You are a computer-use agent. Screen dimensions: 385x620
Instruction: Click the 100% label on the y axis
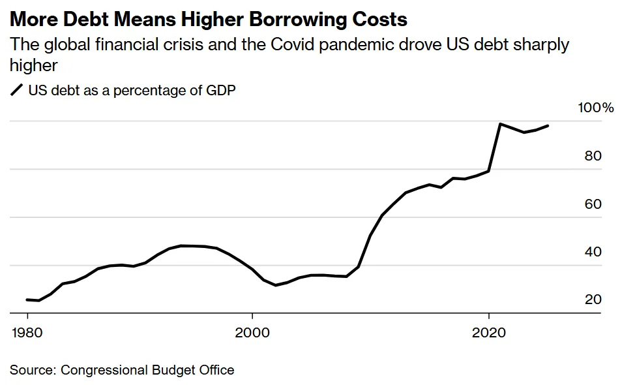(596, 108)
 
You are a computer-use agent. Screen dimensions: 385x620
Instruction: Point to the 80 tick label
(593, 156)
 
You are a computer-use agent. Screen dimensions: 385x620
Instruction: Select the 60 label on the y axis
(593, 204)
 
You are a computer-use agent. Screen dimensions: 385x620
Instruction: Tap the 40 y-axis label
(593, 252)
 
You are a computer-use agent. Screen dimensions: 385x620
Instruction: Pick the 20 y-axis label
(593, 300)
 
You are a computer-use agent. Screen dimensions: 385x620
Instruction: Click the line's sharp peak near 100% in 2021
(500, 124)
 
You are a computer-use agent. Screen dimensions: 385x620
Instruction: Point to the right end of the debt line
(548, 126)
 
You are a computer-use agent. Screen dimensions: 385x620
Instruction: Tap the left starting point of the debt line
(27, 300)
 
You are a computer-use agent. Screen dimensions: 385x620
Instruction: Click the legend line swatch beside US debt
(17, 91)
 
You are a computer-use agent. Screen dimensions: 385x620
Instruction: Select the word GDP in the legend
(220, 91)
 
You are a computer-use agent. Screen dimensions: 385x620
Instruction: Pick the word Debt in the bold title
(88, 20)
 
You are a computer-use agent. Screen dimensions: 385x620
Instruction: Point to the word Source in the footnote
(31, 370)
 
